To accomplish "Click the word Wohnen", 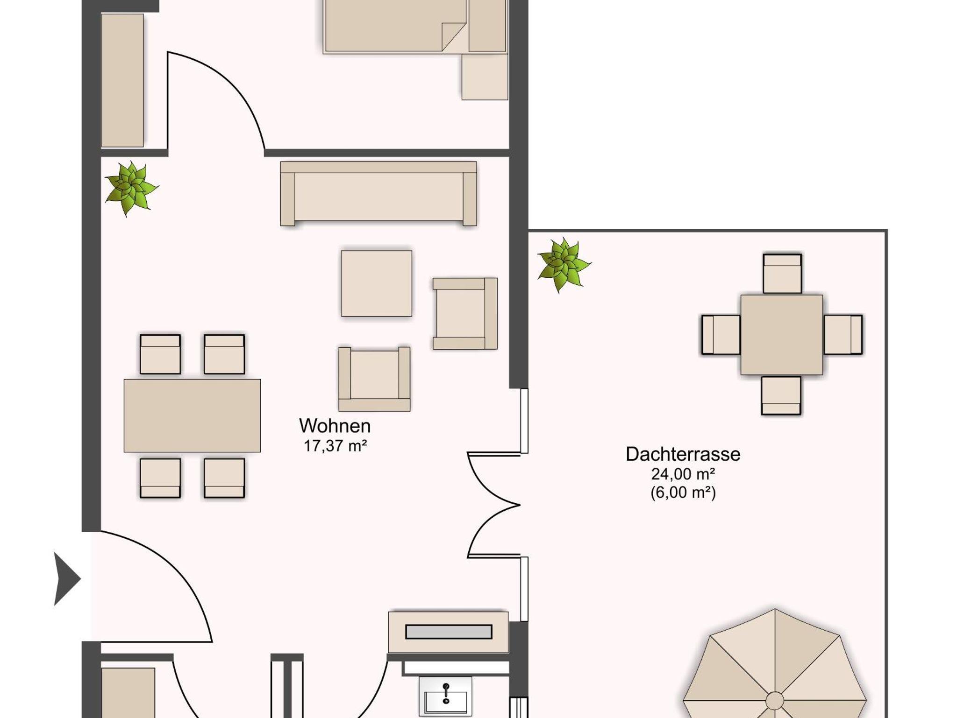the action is (335, 426).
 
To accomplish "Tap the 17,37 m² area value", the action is (335, 446).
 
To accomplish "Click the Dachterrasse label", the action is (683, 454).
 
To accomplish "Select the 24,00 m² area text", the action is (683, 474).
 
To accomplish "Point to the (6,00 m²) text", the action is (683, 493).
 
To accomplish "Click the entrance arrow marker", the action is (67, 579).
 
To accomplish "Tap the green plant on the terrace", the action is (564, 265).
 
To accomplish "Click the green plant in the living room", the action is (131, 189).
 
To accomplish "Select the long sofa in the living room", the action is (379, 194).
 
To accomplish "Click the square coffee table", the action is (377, 283).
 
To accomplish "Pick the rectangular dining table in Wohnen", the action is (192, 415).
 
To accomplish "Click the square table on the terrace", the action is (782, 334).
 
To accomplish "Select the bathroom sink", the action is (445, 696).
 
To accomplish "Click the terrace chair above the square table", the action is (782, 274).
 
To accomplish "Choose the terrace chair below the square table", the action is (781, 395).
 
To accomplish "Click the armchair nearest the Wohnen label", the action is (374, 379).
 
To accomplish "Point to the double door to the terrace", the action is (494, 505).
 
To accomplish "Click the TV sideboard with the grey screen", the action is (449, 632).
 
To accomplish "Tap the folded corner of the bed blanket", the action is (454, 36).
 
